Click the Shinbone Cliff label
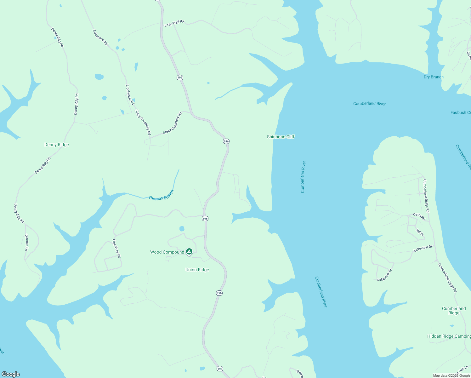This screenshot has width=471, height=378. (x=281, y=137)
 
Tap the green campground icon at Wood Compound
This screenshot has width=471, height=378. (x=189, y=251)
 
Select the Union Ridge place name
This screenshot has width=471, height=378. (x=197, y=270)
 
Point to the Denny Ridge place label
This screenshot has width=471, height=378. (x=57, y=145)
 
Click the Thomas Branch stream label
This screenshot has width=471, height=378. (x=161, y=196)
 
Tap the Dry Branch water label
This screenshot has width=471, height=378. (x=434, y=77)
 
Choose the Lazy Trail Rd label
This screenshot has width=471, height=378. (x=174, y=23)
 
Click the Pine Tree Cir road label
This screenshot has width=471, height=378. (x=116, y=249)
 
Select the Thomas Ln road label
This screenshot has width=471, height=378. (x=26, y=242)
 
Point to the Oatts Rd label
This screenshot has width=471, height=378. (x=419, y=216)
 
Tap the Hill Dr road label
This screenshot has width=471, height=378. (x=420, y=232)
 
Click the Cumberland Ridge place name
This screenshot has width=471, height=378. (x=454, y=311)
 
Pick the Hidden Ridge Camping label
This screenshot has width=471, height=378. (x=449, y=336)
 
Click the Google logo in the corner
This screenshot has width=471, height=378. (x=11, y=374)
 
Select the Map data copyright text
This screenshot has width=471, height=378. (x=451, y=375)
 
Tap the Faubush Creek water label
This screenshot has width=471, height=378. (x=461, y=112)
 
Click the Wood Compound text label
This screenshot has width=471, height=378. (x=167, y=252)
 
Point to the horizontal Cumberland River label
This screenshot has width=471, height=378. (x=369, y=104)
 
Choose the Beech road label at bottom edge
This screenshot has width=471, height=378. (x=300, y=374)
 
